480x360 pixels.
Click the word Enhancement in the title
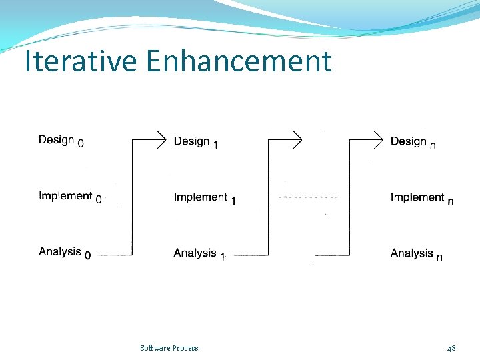[x=239, y=61]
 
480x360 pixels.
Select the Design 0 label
[x=61, y=141]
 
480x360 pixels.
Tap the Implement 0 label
[x=70, y=197]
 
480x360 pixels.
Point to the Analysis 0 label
[x=65, y=253]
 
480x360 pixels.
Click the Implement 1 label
[x=205, y=198]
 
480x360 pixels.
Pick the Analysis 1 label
[x=199, y=253]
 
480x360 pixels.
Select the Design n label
[x=413, y=142]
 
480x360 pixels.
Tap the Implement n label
[x=422, y=198]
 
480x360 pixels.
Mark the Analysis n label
[x=416, y=253]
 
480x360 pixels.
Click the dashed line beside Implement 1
[x=308, y=197]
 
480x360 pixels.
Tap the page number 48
[x=451, y=348]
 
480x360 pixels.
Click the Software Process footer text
[x=169, y=348]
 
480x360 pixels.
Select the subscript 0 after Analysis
[x=88, y=255]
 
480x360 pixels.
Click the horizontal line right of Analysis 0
[x=115, y=255]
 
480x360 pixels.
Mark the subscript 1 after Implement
[x=233, y=201]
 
